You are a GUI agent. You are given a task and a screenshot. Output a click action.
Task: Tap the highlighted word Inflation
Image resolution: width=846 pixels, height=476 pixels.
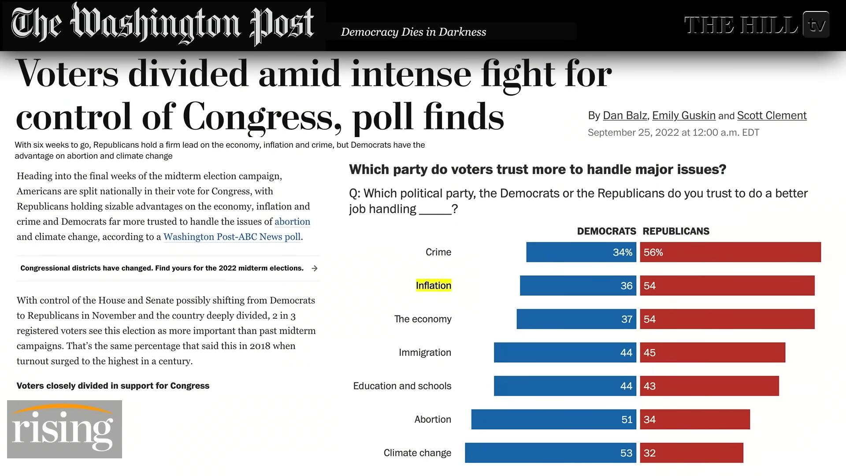(x=434, y=286)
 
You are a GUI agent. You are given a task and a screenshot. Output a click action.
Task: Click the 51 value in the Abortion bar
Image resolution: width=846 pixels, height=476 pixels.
(x=627, y=420)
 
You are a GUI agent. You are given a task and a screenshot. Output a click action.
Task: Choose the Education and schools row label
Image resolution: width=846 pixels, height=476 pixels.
(x=402, y=386)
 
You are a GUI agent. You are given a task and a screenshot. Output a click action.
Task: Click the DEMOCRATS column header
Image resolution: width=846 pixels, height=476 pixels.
(x=606, y=231)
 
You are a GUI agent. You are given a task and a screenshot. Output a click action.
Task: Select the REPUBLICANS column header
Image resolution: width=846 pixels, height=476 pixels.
(x=676, y=231)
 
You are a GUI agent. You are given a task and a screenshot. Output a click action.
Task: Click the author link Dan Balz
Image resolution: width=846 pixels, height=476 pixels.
(x=624, y=115)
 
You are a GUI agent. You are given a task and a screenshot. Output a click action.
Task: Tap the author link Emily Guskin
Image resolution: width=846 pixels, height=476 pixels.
(x=683, y=115)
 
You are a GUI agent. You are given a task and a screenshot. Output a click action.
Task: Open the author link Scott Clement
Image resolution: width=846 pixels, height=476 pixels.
(x=772, y=115)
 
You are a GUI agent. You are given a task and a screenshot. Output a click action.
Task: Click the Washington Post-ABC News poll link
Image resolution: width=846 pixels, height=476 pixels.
(x=232, y=237)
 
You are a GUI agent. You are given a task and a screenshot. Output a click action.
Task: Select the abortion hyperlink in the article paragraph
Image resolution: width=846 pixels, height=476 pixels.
(x=292, y=222)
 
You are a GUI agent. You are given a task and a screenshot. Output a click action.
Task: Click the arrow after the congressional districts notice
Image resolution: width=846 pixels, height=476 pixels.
(x=314, y=268)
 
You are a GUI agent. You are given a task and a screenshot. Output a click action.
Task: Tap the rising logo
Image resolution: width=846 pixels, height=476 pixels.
(x=64, y=429)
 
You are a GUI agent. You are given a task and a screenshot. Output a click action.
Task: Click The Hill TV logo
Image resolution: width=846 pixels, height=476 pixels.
(x=757, y=25)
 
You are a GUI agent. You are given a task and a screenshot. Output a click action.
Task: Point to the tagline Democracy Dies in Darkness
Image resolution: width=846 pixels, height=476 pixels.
(x=413, y=32)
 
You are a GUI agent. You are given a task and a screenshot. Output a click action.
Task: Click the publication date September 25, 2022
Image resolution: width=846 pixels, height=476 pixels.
(x=673, y=133)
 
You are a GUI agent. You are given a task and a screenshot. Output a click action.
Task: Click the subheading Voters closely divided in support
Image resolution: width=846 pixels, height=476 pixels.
(x=113, y=386)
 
